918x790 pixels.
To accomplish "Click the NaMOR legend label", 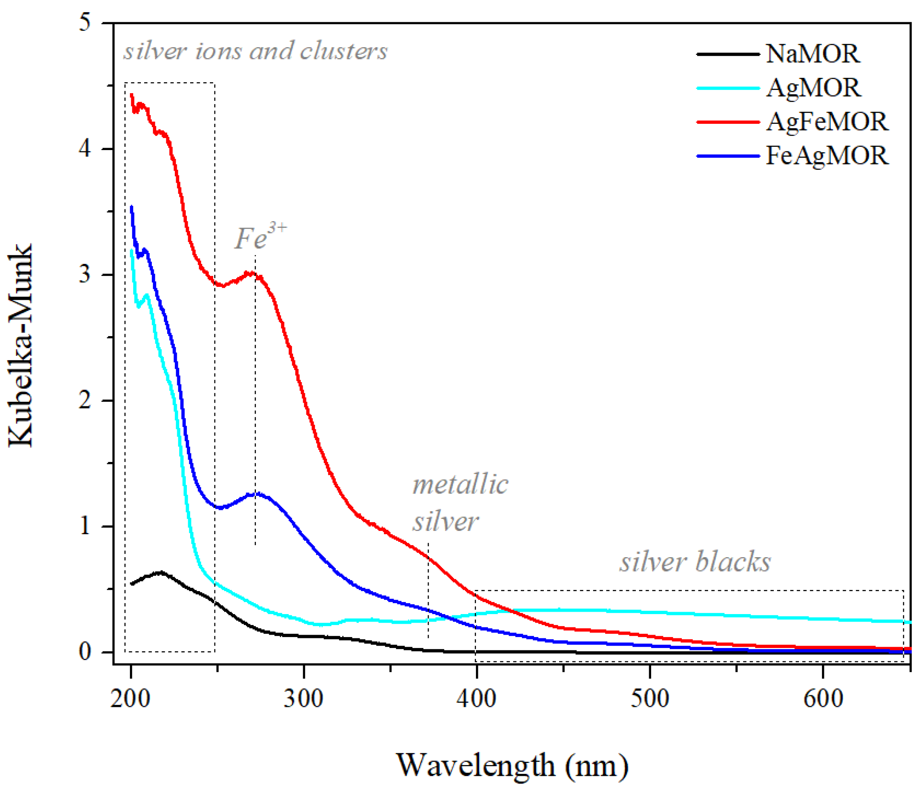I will point(813,54).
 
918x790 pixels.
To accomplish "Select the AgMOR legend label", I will point(813,88).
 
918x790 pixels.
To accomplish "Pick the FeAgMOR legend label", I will point(827,155).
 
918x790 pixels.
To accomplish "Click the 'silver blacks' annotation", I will point(695,562).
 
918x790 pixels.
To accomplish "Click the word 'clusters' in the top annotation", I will point(344,51).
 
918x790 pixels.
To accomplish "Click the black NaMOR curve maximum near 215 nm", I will point(160,573).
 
